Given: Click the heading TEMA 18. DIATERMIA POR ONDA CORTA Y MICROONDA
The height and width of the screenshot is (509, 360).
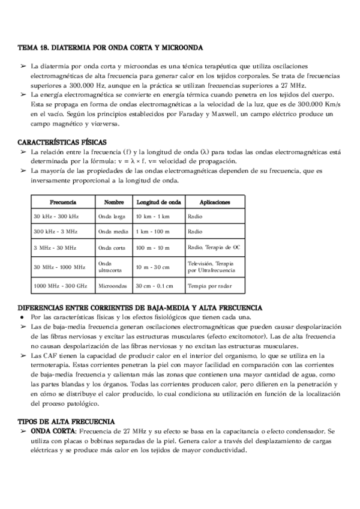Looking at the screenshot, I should (x=110, y=47).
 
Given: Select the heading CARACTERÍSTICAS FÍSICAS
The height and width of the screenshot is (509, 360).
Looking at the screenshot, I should (x=62, y=142).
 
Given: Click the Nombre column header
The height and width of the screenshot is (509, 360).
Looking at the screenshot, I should (x=113, y=185).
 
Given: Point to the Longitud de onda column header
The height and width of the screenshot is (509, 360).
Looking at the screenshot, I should (x=158, y=185).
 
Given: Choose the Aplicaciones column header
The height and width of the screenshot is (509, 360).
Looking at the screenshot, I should (x=214, y=185).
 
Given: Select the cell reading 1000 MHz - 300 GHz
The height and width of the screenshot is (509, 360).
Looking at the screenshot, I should (x=60, y=286).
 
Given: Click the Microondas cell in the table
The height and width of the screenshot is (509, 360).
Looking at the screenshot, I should (x=113, y=286).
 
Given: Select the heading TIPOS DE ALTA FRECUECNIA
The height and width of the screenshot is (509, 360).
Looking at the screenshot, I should (x=66, y=422).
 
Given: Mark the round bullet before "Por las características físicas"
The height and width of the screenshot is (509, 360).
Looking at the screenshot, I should (x=22, y=317).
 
